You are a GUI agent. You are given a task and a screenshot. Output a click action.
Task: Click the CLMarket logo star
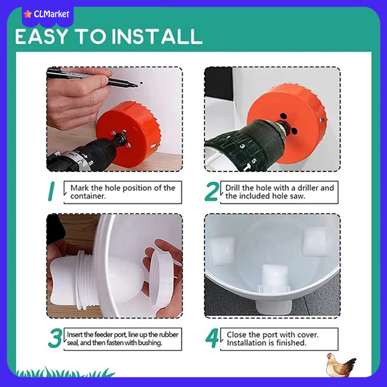coord(28,14)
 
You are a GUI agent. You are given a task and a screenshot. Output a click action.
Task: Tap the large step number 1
coord(51,191)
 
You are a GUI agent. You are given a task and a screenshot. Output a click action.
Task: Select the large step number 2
coord(212,191)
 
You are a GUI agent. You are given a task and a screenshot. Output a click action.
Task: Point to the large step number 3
coord(55,338)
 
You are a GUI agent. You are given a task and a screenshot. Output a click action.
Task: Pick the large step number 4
coord(212,338)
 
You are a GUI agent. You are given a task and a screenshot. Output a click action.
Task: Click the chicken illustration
coord(341,365)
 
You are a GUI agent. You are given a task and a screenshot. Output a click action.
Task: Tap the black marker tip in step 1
coord(136,86)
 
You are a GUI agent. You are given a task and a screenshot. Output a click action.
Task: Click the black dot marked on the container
coord(141,83)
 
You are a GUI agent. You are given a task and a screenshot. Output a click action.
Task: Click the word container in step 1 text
coord(88,196)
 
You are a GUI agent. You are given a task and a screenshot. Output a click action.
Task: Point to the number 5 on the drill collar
coord(253,161)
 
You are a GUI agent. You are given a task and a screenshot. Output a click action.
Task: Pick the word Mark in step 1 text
coord(79,188)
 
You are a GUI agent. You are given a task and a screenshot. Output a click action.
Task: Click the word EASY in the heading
coord(41,37)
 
